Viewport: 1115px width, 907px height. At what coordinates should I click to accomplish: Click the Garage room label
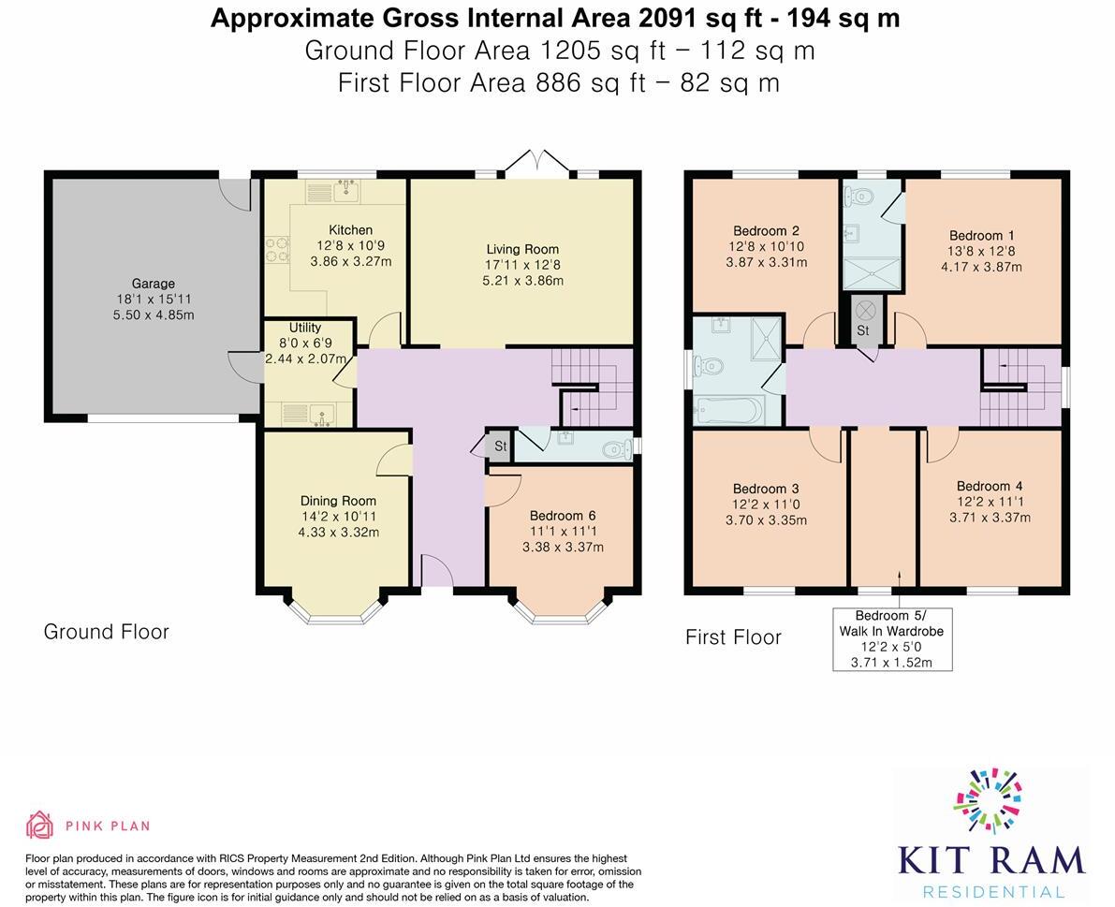click(x=153, y=284)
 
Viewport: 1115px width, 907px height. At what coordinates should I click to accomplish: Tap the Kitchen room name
click(x=350, y=230)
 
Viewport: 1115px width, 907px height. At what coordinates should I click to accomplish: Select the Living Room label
click(x=522, y=250)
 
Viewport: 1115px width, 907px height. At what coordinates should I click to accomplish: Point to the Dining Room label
click(x=338, y=501)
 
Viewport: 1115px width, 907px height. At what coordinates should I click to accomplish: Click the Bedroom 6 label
click(x=563, y=516)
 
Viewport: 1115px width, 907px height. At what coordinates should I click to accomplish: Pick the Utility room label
click(x=305, y=328)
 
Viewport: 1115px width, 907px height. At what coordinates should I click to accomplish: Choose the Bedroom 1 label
click(x=981, y=236)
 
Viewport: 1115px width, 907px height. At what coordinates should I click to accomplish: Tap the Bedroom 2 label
click(x=767, y=231)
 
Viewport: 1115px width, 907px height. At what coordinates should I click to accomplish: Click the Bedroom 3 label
click(x=766, y=489)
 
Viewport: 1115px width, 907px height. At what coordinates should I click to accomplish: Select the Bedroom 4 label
click(x=990, y=486)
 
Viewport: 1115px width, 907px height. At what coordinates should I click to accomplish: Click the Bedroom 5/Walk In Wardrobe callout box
click(x=892, y=639)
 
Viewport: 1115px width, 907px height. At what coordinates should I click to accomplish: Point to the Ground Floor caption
click(x=107, y=632)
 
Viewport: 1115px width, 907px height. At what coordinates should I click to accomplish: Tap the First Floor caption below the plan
click(x=733, y=636)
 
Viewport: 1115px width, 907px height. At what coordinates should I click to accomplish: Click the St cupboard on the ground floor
click(x=500, y=446)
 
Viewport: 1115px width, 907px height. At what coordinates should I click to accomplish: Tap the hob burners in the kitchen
click(x=277, y=250)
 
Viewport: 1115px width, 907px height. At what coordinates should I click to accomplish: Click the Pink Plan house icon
click(x=40, y=825)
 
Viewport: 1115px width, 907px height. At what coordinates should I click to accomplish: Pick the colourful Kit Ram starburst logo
click(x=988, y=800)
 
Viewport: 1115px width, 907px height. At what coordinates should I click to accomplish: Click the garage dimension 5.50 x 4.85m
click(x=153, y=315)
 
